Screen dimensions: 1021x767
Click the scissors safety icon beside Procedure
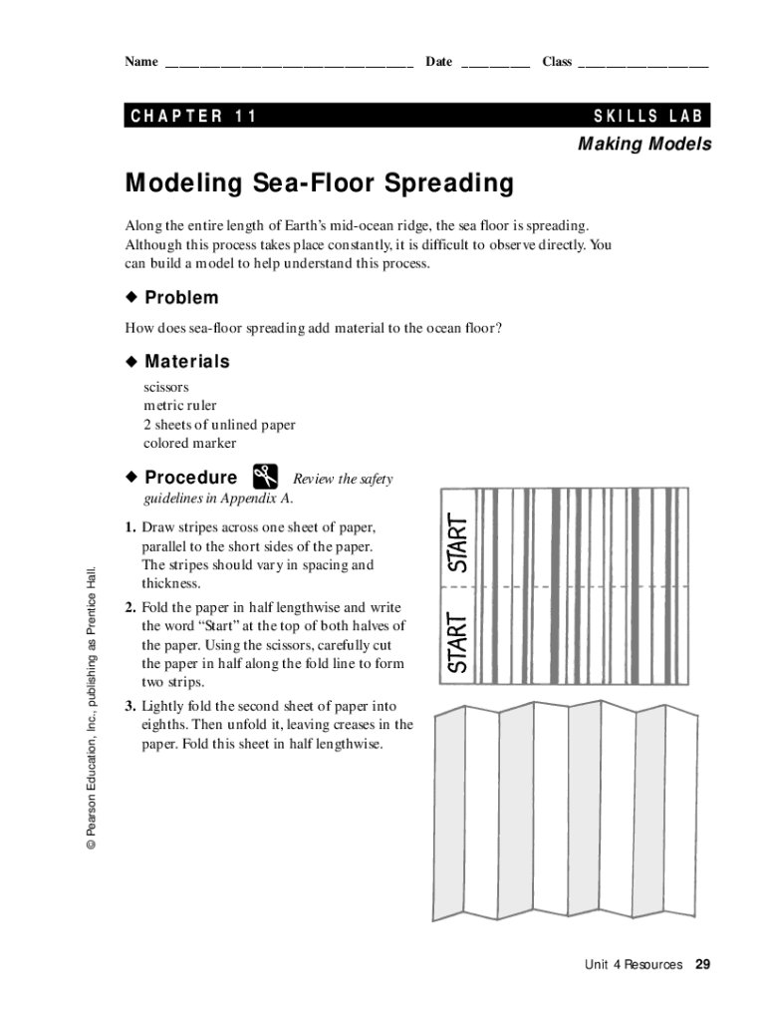click(265, 477)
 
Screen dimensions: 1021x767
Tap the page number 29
click(703, 964)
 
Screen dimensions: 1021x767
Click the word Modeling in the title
click(184, 184)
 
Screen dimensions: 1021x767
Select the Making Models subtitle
click(644, 145)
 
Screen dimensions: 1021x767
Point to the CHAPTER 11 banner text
click(194, 116)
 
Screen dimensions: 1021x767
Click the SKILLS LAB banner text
click(648, 116)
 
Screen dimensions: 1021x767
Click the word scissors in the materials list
click(166, 387)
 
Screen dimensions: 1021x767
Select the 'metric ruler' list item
click(180, 406)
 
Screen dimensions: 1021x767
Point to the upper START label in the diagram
click(457, 542)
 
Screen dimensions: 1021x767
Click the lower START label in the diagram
click(457, 642)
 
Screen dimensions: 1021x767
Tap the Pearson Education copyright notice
click(91, 708)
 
